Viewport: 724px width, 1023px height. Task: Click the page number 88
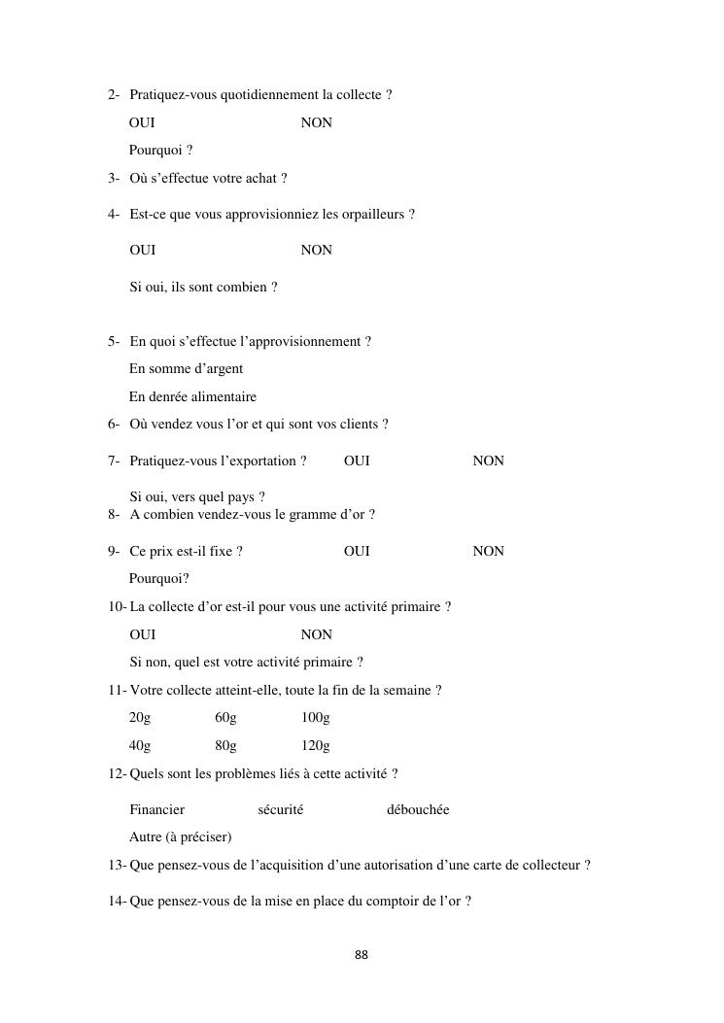point(362,955)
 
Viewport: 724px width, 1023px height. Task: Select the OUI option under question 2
point(142,122)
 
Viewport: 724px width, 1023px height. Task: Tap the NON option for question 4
point(316,250)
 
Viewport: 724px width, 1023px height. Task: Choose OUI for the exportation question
point(357,460)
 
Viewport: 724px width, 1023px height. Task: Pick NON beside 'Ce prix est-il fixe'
point(488,551)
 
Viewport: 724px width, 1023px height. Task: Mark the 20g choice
point(140,718)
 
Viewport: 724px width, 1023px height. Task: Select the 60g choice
point(225,718)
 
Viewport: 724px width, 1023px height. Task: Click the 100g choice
point(315,718)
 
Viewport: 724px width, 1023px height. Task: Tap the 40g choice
point(140,746)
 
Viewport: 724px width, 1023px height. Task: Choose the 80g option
point(225,746)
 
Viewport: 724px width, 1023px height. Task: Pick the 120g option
point(315,746)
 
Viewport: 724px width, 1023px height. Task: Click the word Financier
point(156,809)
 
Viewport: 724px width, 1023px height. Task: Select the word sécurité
point(280,809)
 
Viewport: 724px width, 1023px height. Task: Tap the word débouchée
point(418,809)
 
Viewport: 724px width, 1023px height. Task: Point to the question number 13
point(116,865)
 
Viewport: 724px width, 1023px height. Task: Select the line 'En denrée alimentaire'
point(192,396)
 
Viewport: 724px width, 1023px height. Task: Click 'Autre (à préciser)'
point(180,836)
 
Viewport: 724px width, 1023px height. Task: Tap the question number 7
point(113,460)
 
